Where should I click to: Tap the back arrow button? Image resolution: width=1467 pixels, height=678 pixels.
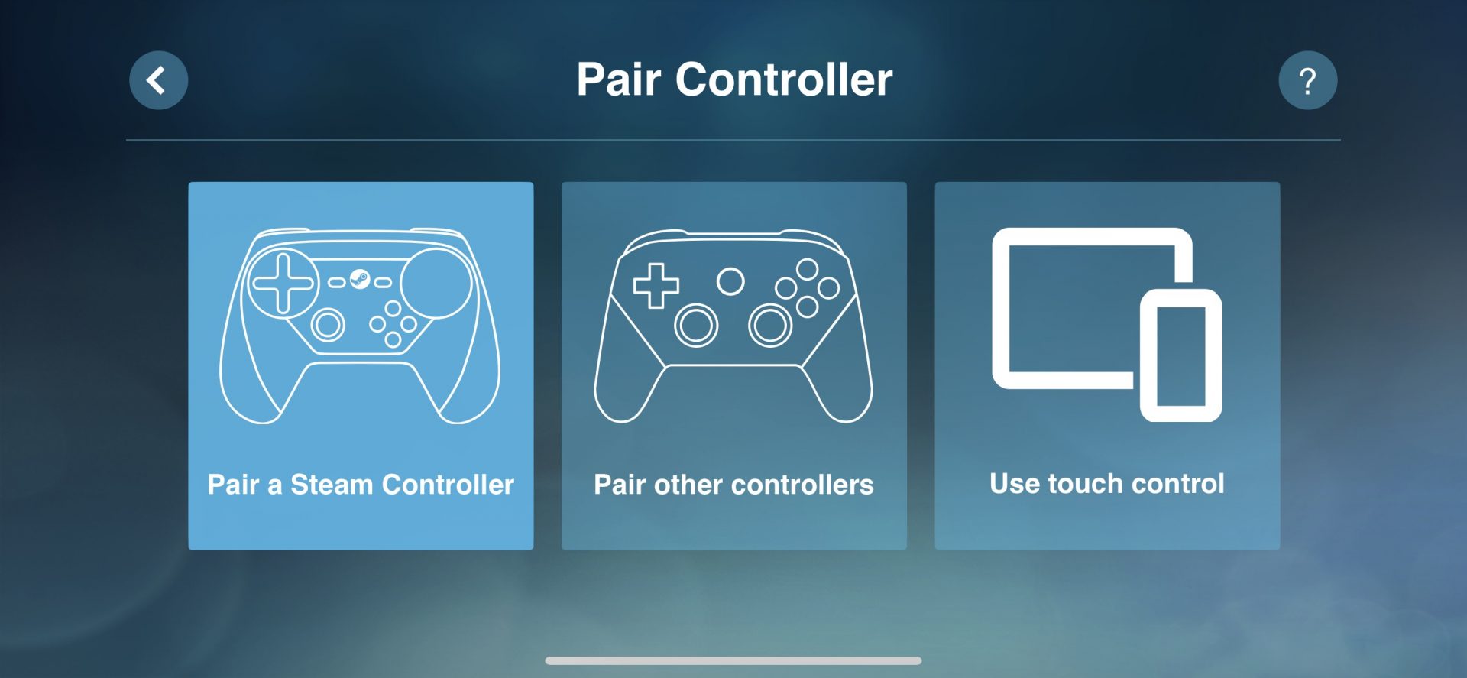click(159, 80)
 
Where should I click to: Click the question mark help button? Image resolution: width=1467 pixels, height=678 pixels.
click(1307, 80)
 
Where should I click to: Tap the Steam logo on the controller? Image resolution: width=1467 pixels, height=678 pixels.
click(360, 280)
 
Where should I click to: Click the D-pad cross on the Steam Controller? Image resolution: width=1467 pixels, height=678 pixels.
click(283, 283)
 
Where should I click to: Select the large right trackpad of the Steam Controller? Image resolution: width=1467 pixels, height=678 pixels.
click(436, 283)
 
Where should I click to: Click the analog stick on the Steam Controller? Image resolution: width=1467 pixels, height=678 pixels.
click(328, 325)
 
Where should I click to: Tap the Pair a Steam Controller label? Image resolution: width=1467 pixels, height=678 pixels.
click(361, 485)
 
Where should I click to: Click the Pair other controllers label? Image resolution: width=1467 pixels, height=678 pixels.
click(733, 485)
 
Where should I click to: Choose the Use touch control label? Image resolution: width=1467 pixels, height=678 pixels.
click(1107, 484)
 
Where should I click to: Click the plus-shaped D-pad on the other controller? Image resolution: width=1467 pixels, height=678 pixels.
click(656, 286)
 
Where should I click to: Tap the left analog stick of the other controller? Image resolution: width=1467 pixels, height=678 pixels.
click(696, 325)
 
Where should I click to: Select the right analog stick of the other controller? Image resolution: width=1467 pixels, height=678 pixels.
click(770, 325)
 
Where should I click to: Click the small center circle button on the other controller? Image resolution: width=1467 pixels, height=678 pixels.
click(730, 281)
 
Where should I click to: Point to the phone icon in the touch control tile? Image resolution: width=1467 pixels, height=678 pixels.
click(1181, 355)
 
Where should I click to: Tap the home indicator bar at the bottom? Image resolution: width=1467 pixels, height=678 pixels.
click(733, 660)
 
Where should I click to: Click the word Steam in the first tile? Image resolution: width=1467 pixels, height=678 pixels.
click(332, 485)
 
